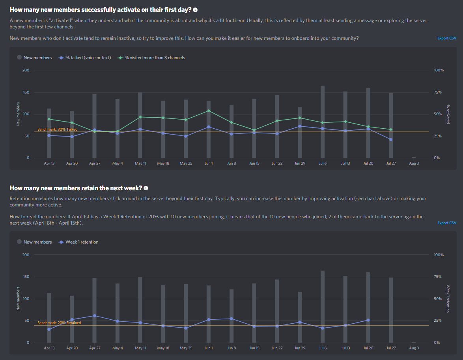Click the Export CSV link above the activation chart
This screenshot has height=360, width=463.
[x=447, y=38]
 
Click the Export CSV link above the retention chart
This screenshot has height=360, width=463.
[x=447, y=223]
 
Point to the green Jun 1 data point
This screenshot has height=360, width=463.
[x=209, y=111]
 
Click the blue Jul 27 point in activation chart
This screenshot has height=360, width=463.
[x=391, y=139]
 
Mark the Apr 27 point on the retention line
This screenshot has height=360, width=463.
[x=95, y=315]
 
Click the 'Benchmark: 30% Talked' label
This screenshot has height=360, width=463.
[x=57, y=129]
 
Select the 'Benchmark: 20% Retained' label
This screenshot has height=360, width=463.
[x=59, y=323]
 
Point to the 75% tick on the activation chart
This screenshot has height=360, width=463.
[x=439, y=92]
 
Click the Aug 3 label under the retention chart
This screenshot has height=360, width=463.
[x=414, y=348]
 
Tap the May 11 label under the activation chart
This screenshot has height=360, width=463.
[x=140, y=163]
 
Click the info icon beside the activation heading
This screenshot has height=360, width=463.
[x=195, y=9]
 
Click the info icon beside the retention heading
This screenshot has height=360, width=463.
[x=146, y=188]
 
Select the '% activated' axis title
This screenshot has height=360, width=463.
[x=448, y=114]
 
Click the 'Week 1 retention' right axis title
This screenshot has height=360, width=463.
[x=448, y=299]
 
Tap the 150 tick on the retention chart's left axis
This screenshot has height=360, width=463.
[x=26, y=277]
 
